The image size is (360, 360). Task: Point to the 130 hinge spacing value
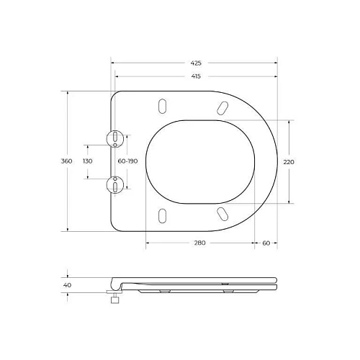point(88,161)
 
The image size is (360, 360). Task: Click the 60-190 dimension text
point(127,161)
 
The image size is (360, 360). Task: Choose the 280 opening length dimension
point(199,243)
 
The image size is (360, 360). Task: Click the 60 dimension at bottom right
point(266,243)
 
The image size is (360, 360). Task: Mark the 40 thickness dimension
point(68,285)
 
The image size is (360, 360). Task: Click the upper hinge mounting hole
point(114,138)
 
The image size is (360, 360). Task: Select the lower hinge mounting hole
point(114,185)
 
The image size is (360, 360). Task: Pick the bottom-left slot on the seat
point(163,215)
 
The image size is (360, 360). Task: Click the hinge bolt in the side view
point(113,298)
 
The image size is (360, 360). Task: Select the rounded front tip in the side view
point(276,283)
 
